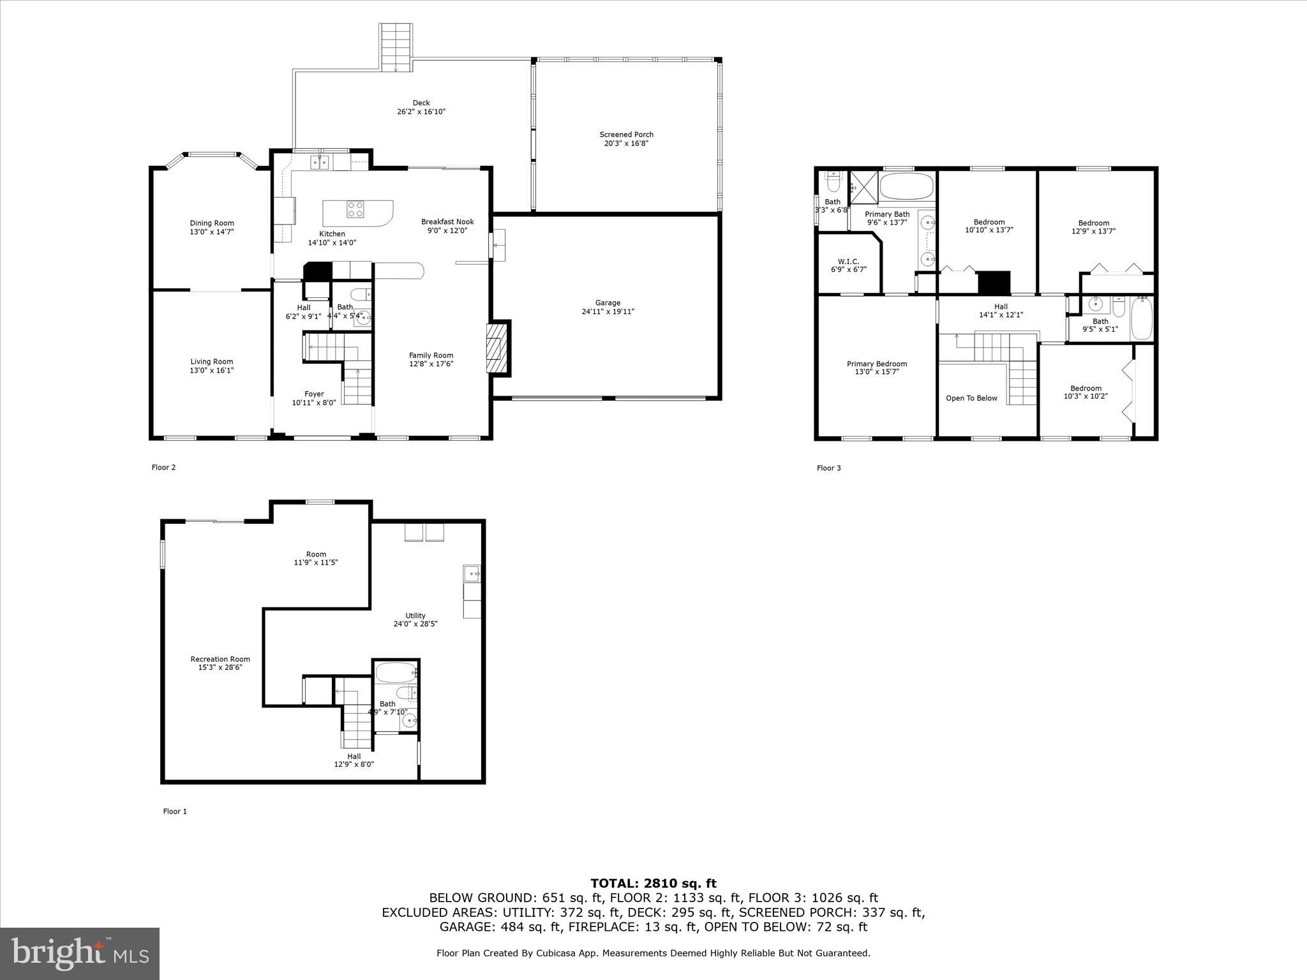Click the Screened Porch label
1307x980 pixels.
pos(626,135)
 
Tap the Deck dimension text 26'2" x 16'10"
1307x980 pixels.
pos(421,112)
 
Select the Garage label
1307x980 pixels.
pos(608,303)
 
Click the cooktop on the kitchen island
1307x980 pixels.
pos(355,209)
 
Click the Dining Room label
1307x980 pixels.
pos(211,223)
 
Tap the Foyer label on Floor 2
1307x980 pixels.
pos(313,394)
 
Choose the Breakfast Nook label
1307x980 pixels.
pos(447,222)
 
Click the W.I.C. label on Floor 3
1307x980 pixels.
pos(848,262)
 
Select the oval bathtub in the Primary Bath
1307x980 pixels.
pos(906,186)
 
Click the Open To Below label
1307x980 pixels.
pos(971,398)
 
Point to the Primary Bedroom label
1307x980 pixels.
pos(877,364)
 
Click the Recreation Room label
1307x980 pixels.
pos(220,659)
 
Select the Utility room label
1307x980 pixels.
pos(415,616)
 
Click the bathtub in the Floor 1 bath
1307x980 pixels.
pos(395,672)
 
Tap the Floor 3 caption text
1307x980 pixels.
pos(828,468)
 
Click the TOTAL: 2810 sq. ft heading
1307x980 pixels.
pos(653,884)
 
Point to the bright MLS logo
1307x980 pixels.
pos(80,954)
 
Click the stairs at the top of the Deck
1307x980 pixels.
pos(396,48)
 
